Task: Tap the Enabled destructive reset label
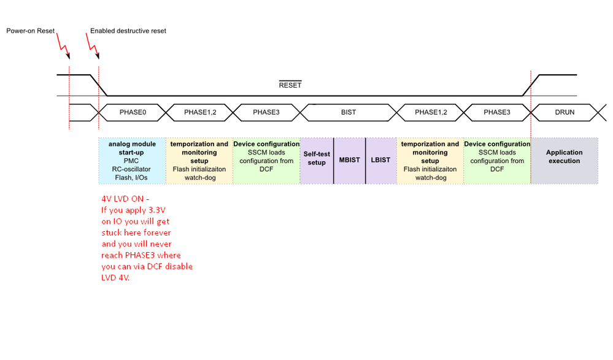pyautogui.click(x=128, y=31)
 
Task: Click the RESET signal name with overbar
pyautogui.click(x=290, y=85)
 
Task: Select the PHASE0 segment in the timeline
pyautogui.click(x=132, y=112)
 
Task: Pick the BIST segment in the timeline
pyautogui.click(x=348, y=112)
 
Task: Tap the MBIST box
pyautogui.click(x=350, y=161)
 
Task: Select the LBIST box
pyautogui.click(x=380, y=161)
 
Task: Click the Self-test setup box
pyautogui.click(x=317, y=159)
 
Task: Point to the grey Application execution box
pyautogui.click(x=564, y=161)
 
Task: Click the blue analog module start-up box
pyautogui.click(x=132, y=161)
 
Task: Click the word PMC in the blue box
pyautogui.click(x=132, y=161)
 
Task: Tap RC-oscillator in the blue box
pyautogui.click(x=132, y=170)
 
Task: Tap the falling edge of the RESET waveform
pyautogui.click(x=98, y=85)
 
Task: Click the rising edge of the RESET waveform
pyautogui.click(x=531, y=85)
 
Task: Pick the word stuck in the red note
pyautogui.click(x=112, y=233)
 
